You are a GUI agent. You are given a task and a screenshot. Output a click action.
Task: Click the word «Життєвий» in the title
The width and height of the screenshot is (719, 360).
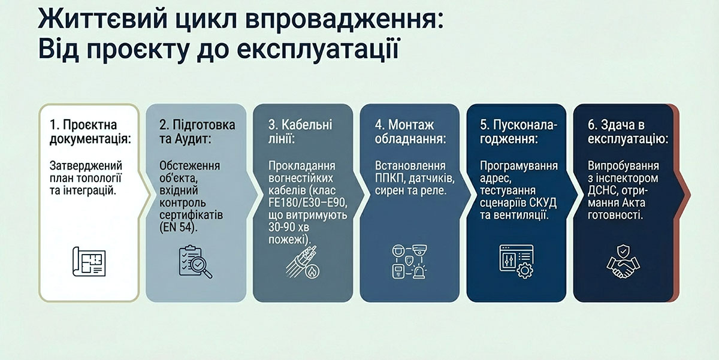102,19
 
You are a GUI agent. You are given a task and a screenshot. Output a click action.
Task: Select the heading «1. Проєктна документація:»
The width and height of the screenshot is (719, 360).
90,132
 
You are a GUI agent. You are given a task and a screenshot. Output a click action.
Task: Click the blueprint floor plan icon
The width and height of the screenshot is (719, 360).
89,262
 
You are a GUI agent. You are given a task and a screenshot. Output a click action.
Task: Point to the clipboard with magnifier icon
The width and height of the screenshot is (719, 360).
195,262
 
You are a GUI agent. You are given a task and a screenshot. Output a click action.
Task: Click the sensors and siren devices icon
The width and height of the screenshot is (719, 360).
410,261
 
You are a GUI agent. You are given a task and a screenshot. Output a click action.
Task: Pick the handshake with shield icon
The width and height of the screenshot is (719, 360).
623,262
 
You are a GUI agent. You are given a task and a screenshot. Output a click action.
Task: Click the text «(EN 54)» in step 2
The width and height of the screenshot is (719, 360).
179,227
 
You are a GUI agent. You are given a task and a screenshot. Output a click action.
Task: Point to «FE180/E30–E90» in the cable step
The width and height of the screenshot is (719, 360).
308,203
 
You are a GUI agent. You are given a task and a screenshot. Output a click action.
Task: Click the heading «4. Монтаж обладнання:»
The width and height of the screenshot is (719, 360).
410,132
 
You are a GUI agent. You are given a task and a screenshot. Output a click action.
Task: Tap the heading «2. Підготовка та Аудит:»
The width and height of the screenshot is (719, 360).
197,132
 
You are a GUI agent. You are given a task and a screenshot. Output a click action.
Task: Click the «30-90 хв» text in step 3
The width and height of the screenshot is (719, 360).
289,228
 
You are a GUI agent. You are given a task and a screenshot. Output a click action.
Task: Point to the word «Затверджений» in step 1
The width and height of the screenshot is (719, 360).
86,166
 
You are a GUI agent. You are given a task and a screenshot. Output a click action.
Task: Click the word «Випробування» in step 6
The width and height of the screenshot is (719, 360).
623,166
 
